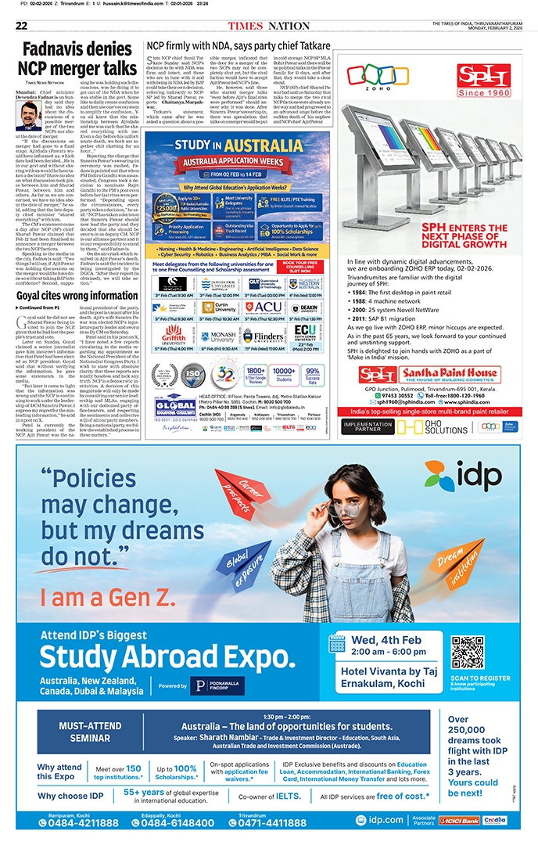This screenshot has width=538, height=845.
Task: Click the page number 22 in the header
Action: tap(21, 25)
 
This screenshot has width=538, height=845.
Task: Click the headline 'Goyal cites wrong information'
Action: tap(77, 296)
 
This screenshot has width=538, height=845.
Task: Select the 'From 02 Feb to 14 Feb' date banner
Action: tap(226, 174)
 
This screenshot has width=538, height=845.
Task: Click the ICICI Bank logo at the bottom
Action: tap(458, 821)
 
